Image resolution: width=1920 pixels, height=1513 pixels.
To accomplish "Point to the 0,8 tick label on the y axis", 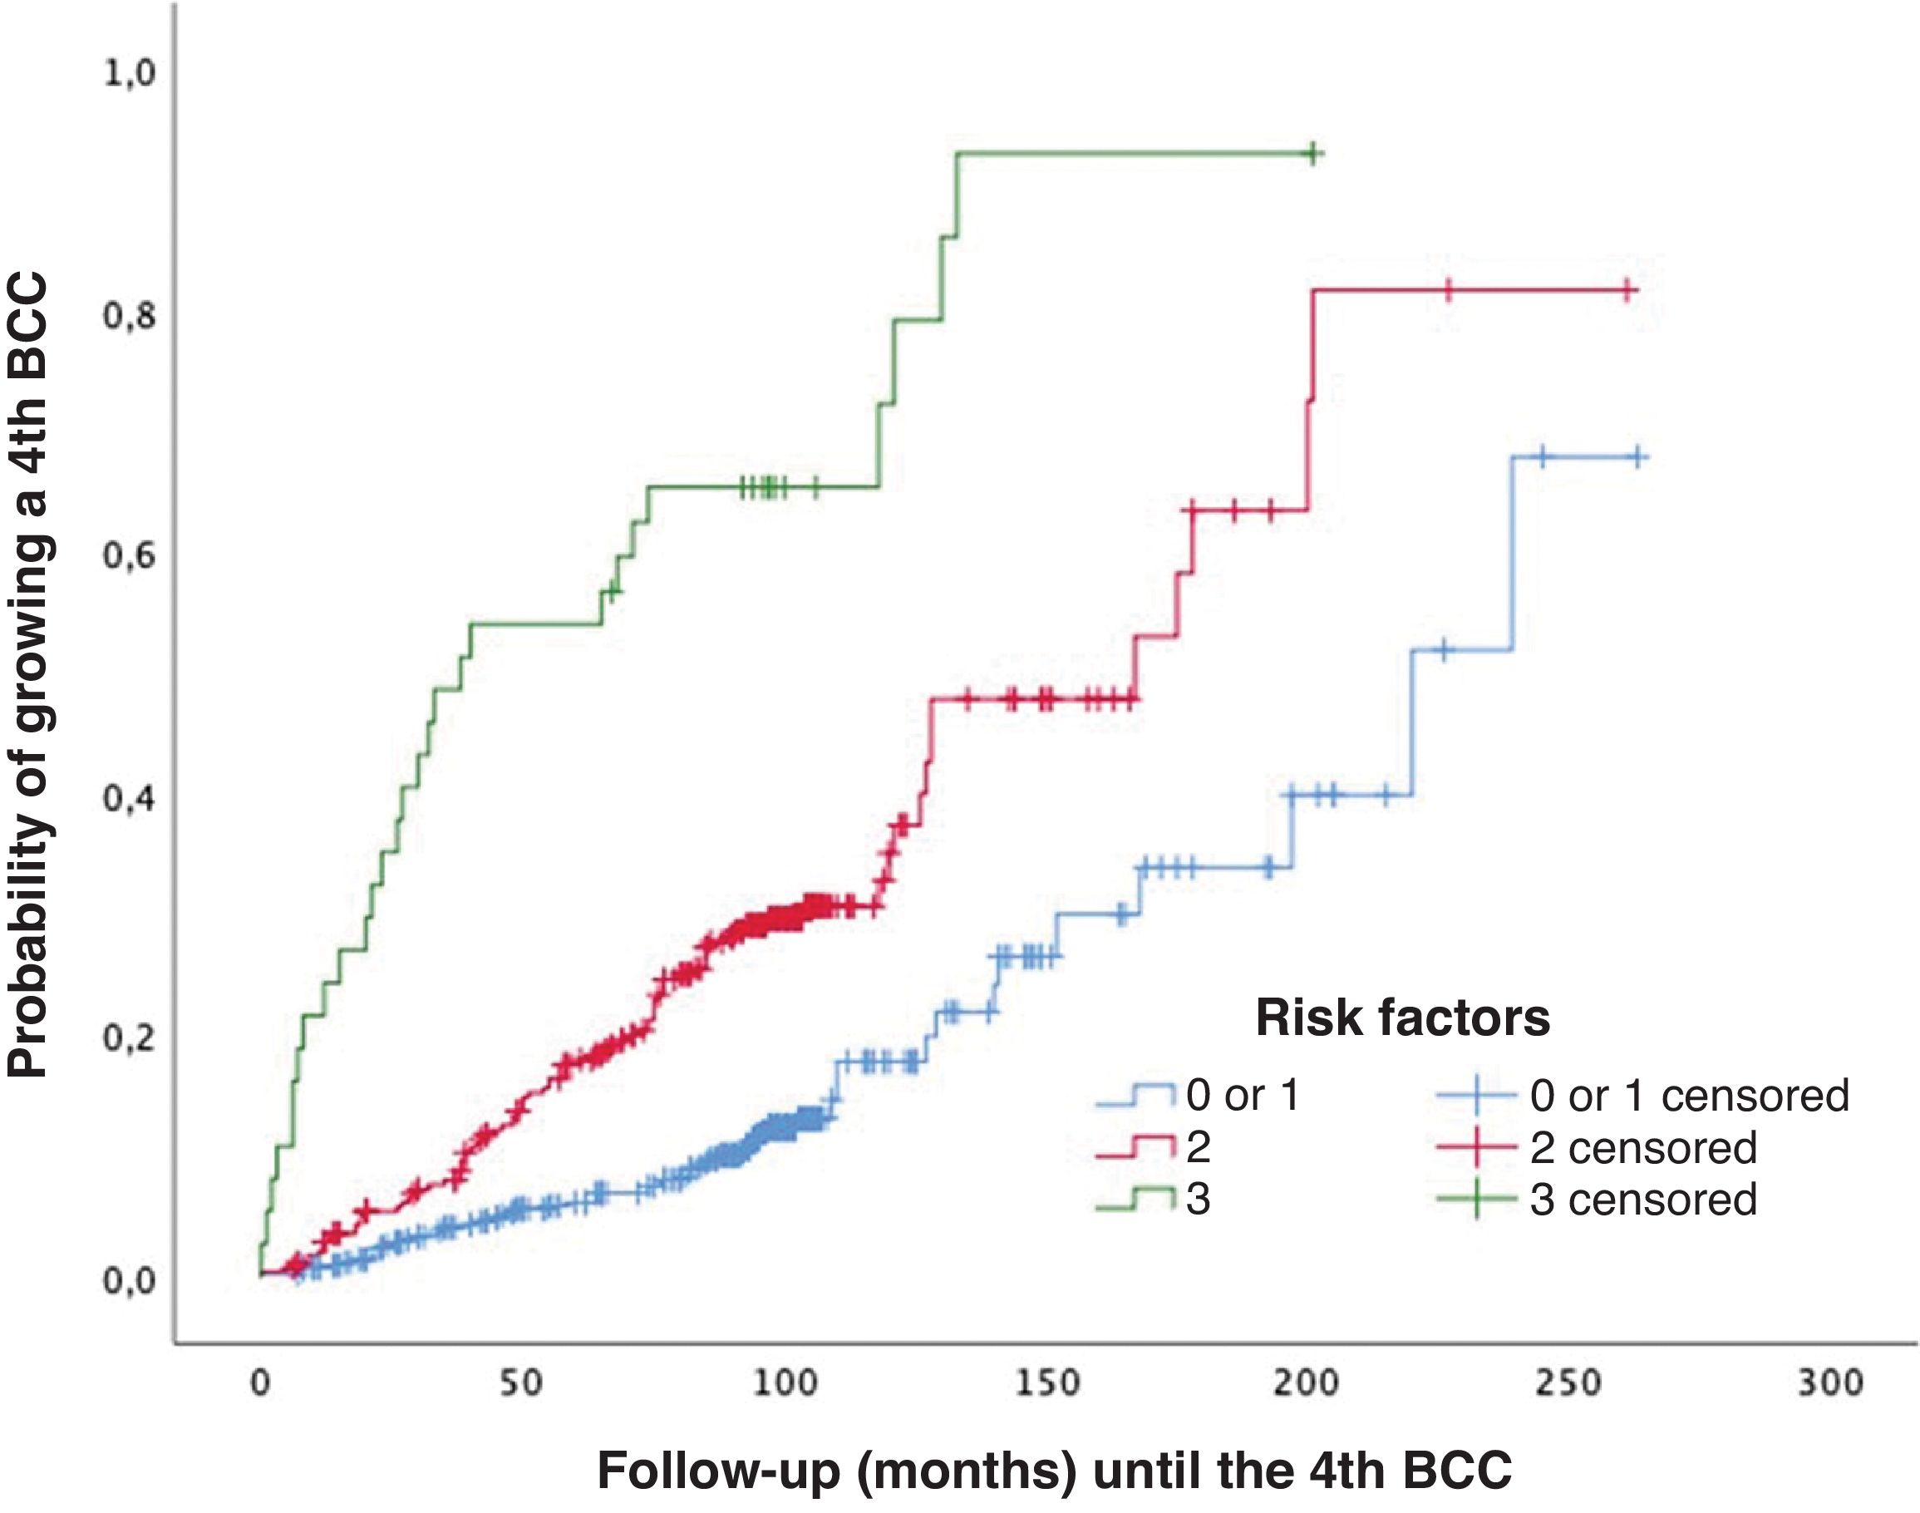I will coord(130,316).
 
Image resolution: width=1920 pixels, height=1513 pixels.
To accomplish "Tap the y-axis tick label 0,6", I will coord(130,557).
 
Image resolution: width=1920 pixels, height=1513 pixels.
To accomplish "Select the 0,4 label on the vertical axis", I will coord(130,799).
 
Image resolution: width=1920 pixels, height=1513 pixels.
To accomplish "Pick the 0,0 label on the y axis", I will coord(130,1281).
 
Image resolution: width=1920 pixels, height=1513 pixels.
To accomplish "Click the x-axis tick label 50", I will coord(521,1382).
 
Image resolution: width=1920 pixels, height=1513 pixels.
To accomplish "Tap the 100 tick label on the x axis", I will coord(784,1382).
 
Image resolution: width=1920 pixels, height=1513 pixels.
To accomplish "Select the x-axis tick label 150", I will coord(1046,1382).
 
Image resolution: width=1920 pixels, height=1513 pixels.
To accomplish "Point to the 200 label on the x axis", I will coord(1307,1382).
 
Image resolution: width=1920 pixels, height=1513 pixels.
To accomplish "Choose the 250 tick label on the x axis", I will coord(1568,1382).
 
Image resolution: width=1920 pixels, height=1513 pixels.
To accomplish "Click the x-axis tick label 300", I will coord(1830,1382).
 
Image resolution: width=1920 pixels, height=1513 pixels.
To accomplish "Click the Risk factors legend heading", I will coord(1403,1018).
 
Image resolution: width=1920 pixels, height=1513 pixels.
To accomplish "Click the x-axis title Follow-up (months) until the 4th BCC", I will coord(1054,1471).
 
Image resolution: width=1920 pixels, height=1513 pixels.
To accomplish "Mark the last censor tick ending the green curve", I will coord(1313,154).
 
